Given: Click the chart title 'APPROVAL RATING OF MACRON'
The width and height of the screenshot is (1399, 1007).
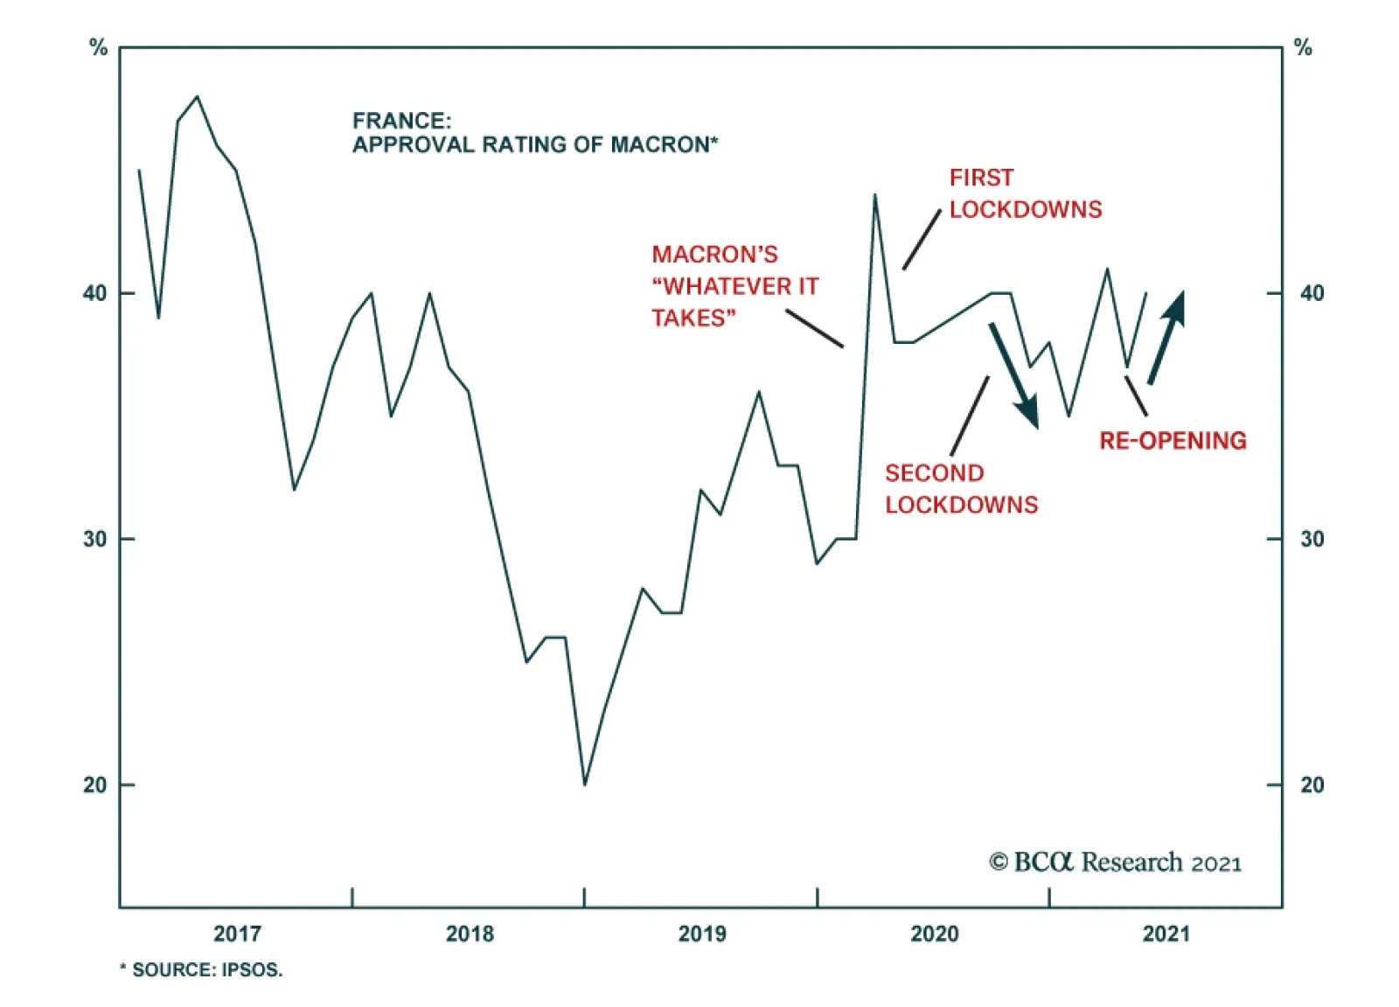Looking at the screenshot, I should click(x=534, y=144).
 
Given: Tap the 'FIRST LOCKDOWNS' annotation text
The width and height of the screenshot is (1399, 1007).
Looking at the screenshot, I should click(x=1025, y=193).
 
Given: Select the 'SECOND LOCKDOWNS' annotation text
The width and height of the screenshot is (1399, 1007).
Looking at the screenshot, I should click(x=961, y=489).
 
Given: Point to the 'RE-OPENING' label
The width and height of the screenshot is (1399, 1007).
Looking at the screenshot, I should click(x=1173, y=440).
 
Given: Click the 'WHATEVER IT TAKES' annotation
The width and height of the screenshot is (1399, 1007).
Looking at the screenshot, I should click(x=734, y=286).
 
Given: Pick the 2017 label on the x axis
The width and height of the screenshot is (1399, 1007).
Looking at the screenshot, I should click(x=237, y=934).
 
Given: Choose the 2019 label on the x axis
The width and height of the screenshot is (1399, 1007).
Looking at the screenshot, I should click(x=702, y=934).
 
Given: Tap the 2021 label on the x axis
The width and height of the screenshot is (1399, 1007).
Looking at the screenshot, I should click(x=1166, y=934).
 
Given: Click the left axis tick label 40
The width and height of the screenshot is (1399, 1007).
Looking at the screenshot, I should click(x=94, y=293).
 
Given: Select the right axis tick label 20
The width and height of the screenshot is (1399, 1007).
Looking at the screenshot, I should click(x=1312, y=785).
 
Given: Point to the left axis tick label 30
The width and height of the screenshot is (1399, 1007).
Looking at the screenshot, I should click(x=94, y=539).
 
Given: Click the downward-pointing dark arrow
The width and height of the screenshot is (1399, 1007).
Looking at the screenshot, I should click(x=1014, y=375).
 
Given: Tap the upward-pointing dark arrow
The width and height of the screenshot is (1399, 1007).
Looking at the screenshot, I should click(x=1166, y=337).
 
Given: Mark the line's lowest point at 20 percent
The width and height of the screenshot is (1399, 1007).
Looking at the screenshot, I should click(x=585, y=784).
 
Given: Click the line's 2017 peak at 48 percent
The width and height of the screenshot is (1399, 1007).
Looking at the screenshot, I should click(x=197, y=96).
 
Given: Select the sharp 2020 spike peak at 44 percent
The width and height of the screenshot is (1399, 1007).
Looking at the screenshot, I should click(x=874, y=195).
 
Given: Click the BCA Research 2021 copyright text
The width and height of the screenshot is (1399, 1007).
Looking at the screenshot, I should click(x=1115, y=863).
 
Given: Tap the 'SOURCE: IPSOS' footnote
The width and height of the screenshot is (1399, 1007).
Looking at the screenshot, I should click(x=201, y=969).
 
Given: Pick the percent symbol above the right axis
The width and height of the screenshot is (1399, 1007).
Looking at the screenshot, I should click(x=1303, y=48).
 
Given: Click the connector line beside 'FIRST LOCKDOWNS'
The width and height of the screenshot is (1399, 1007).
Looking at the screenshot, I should click(x=922, y=240).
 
